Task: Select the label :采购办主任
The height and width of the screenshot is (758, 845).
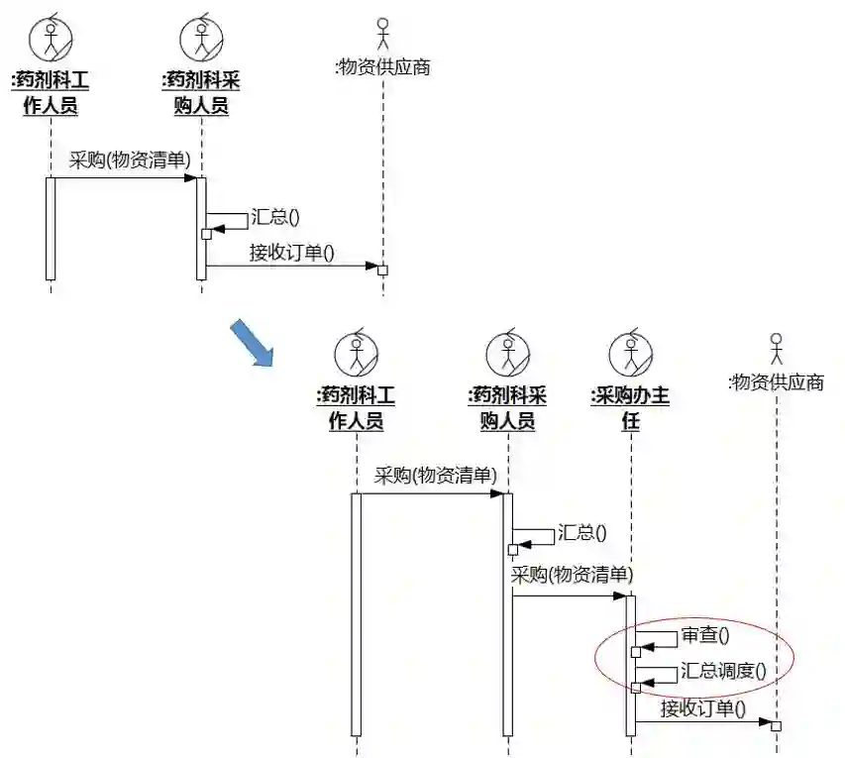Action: click(x=630, y=408)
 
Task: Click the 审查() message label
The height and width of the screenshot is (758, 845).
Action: click(x=703, y=635)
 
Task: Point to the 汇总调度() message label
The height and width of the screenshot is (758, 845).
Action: click(x=723, y=671)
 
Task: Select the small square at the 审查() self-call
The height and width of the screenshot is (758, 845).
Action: click(x=636, y=652)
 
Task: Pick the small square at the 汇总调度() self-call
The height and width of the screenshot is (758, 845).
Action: click(x=636, y=688)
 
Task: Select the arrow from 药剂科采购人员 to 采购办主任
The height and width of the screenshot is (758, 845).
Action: click(x=570, y=596)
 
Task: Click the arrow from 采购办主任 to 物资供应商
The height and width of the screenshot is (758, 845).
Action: click(x=703, y=722)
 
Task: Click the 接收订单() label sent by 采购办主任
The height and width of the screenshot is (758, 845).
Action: click(x=702, y=708)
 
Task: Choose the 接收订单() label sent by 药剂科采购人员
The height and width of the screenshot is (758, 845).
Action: click(x=291, y=252)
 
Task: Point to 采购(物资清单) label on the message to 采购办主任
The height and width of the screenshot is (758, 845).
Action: click(x=572, y=575)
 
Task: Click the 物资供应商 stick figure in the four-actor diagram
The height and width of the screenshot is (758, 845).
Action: click(x=777, y=349)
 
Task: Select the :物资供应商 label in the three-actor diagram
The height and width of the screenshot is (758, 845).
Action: click(x=383, y=67)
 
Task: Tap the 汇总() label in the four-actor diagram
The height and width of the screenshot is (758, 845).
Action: click(x=581, y=532)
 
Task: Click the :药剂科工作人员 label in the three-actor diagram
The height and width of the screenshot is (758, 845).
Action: click(x=51, y=92)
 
